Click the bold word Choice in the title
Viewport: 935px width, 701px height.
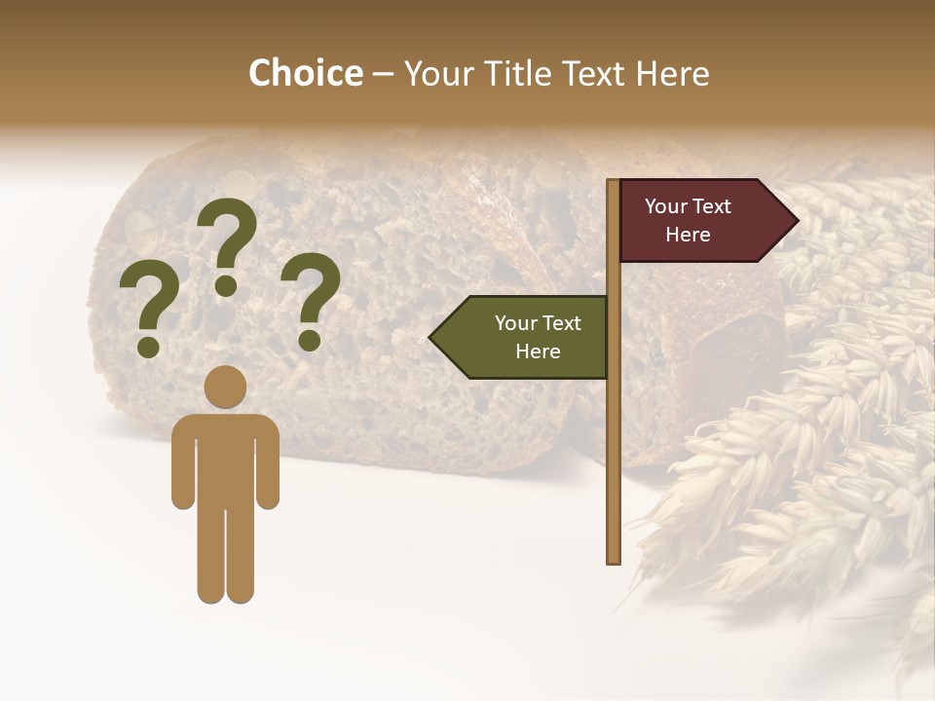click(305, 73)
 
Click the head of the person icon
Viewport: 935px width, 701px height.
click(226, 387)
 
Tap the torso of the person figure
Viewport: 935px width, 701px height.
click(226, 458)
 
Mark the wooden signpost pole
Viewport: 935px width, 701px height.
click(613, 438)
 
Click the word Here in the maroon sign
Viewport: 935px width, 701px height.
click(688, 235)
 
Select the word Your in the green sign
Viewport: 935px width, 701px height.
click(515, 323)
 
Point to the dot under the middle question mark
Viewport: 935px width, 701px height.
click(226, 285)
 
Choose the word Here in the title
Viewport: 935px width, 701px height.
click(672, 73)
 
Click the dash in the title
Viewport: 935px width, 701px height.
click(383, 74)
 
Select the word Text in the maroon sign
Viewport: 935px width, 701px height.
click(712, 206)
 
